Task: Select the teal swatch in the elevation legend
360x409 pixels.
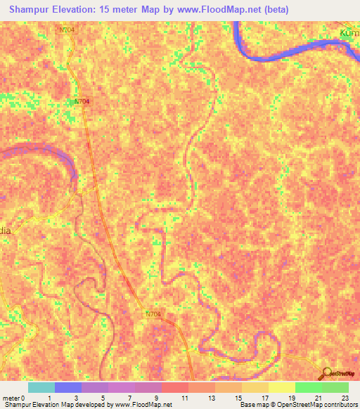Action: (x=41, y=387)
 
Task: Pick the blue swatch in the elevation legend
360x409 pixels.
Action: (x=68, y=387)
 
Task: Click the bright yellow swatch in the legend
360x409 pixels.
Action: (x=282, y=387)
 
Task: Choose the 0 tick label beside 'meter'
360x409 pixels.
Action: (x=24, y=398)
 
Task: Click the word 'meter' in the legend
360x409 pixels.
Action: (x=11, y=398)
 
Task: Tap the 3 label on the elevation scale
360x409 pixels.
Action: (x=75, y=398)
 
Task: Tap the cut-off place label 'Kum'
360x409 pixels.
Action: (x=349, y=33)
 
